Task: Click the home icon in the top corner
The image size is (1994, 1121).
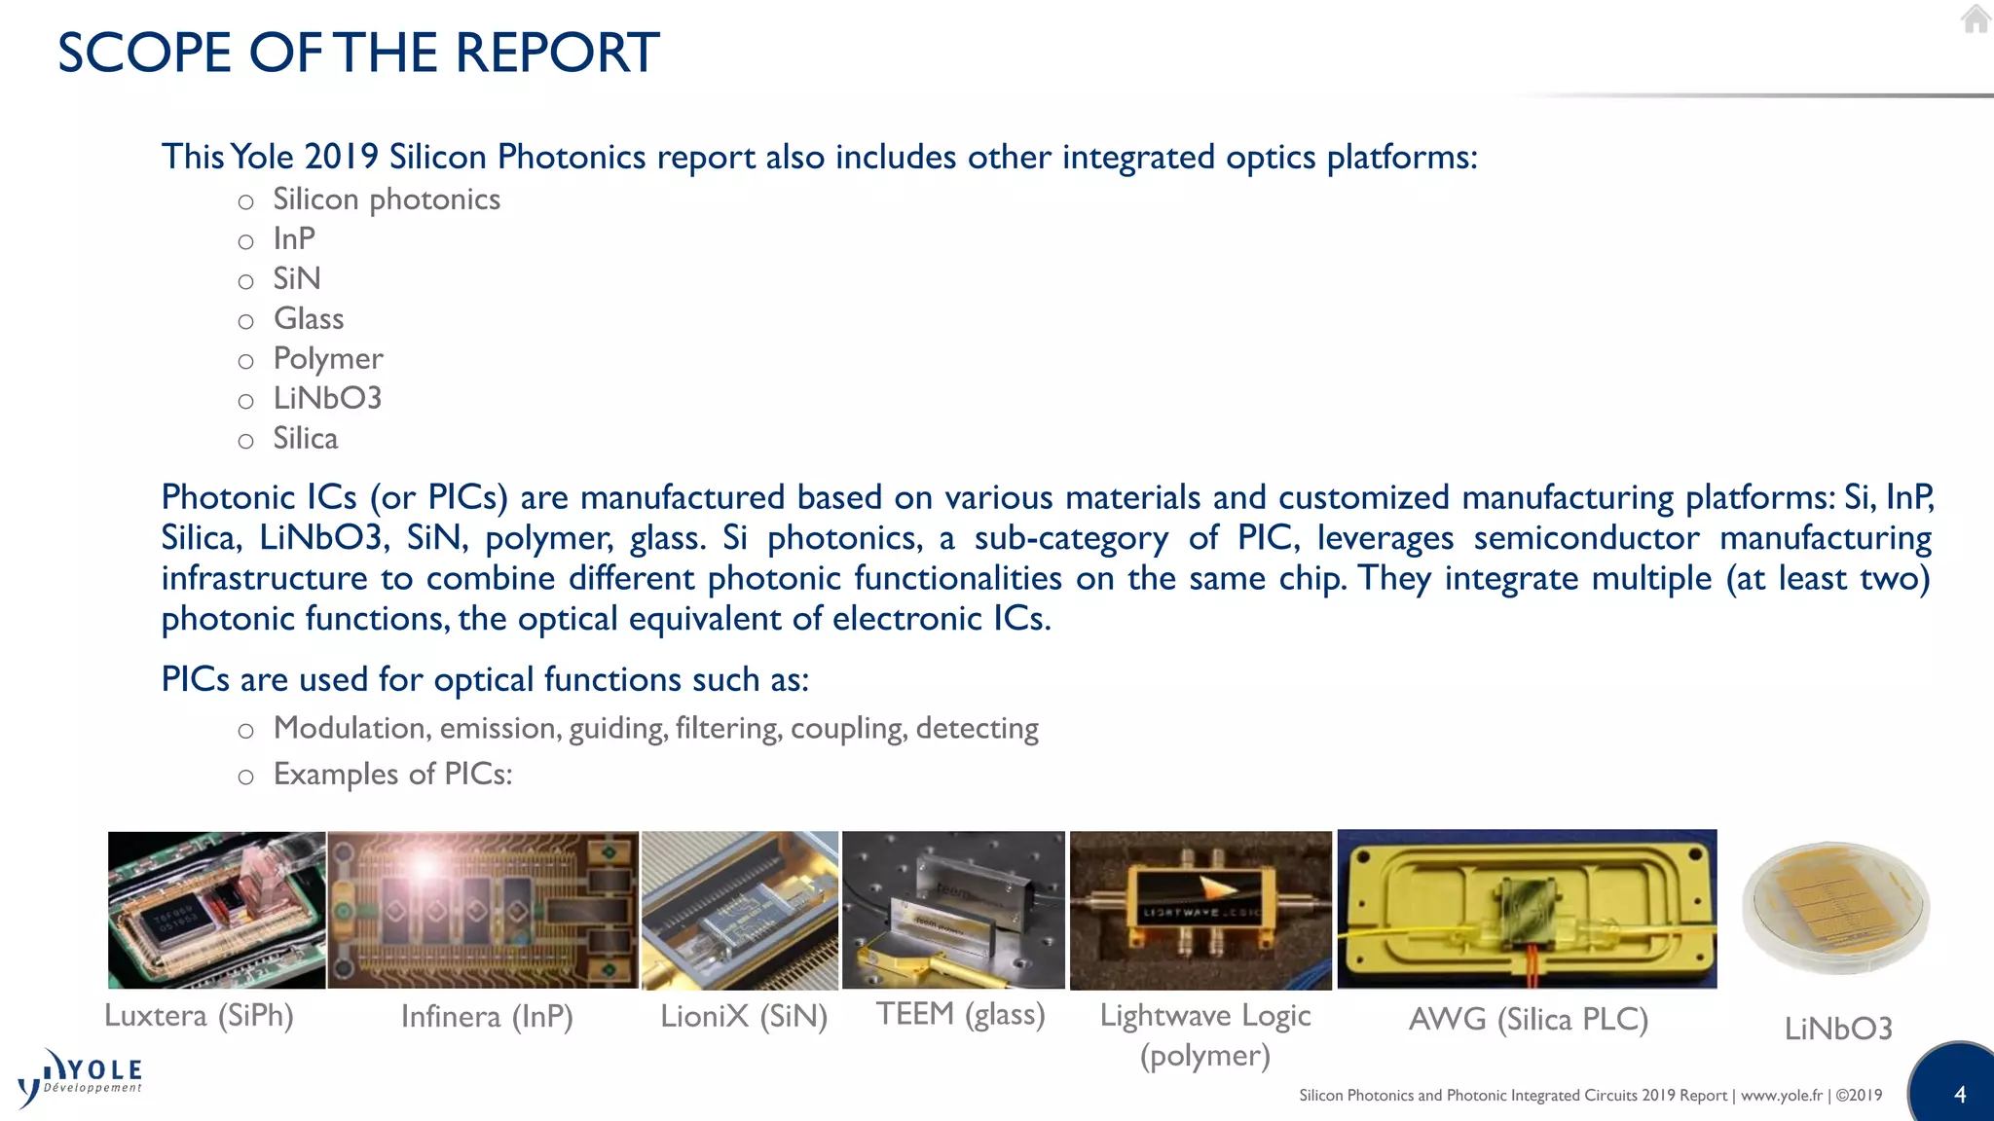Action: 1975,18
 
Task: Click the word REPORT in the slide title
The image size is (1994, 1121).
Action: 557,53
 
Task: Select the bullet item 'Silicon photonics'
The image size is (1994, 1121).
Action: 386,199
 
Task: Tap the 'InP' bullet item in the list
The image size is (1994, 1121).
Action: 294,239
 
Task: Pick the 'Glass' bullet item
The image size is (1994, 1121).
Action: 309,319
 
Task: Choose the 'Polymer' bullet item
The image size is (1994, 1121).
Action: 328,359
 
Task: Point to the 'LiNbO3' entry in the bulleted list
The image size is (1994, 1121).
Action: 327,399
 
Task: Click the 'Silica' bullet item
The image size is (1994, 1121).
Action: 306,439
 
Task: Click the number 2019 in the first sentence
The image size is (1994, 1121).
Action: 341,158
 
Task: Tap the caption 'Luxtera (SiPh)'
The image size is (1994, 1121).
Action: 199,1016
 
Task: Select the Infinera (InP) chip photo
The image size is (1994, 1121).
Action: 483,910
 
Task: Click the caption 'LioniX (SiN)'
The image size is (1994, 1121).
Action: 744,1017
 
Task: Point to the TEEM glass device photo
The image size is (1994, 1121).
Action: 953,910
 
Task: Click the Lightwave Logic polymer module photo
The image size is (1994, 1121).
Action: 1200,910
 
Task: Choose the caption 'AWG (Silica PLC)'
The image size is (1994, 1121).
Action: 1529,1020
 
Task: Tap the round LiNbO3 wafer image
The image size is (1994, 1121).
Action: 1835,908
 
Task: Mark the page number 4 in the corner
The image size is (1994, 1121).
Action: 1960,1095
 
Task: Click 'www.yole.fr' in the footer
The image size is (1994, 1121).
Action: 1781,1096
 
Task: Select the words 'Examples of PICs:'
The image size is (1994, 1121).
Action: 392,775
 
